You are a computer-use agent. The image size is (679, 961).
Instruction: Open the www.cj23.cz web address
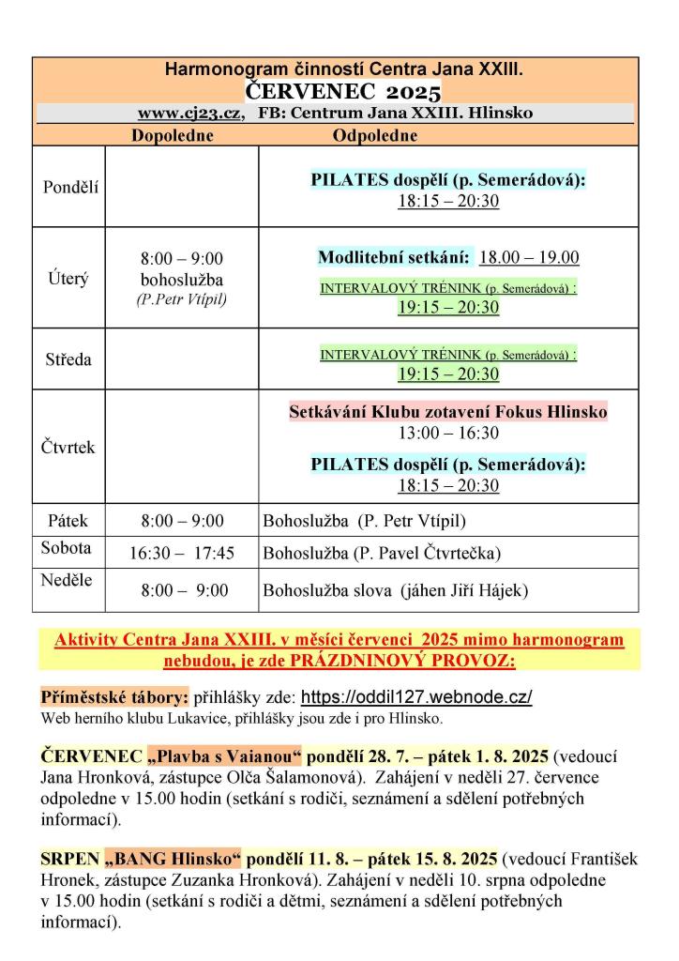tap(191, 114)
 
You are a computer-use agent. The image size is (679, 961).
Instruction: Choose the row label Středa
tap(68, 358)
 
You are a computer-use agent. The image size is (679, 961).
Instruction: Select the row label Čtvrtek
tap(68, 448)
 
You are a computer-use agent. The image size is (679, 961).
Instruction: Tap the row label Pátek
tap(68, 520)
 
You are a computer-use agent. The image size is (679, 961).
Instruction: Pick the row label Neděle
tap(67, 580)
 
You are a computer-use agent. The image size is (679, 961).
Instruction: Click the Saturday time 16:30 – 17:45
tap(182, 554)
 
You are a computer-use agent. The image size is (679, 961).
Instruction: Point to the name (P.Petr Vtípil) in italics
tap(182, 300)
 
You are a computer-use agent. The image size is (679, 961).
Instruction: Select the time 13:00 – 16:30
tap(447, 433)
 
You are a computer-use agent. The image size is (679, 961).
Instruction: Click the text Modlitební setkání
tap(394, 257)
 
